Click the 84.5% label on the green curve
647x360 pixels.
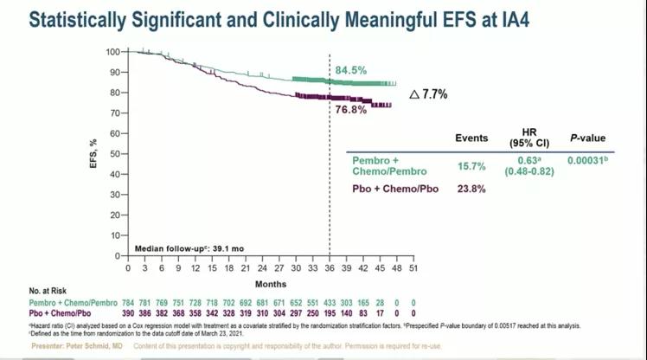click(x=350, y=70)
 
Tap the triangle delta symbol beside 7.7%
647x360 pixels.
click(x=414, y=93)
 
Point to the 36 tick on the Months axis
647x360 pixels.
click(x=330, y=269)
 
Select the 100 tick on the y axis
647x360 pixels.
click(x=112, y=52)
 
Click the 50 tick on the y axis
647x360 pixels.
click(x=114, y=154)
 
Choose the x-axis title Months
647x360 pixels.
click(x=271, y=284)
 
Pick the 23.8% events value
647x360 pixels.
click(x=471, y=189)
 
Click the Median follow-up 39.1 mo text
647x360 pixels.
click(x=189, y=248)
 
